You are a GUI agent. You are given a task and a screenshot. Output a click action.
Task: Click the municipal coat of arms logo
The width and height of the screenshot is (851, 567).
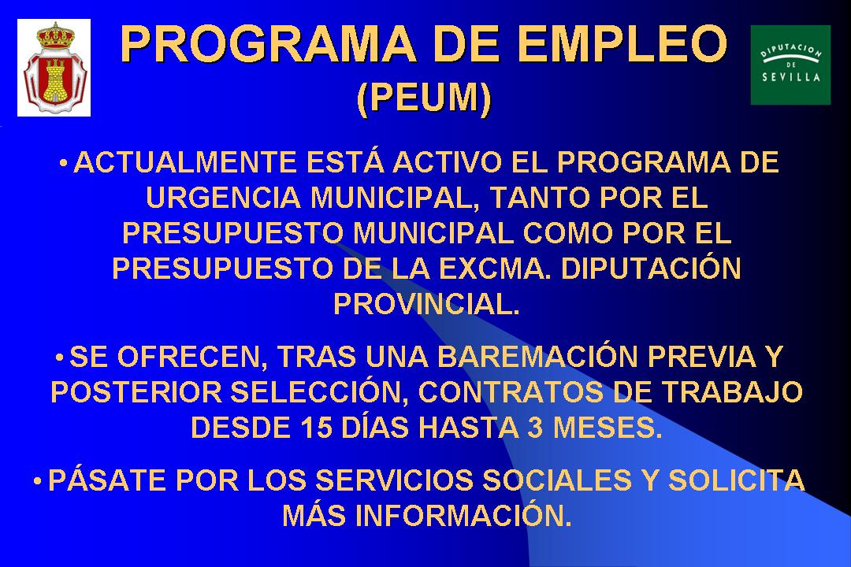tap(54, 68)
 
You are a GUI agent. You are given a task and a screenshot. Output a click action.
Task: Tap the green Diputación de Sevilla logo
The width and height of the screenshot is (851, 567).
tap(790, 65)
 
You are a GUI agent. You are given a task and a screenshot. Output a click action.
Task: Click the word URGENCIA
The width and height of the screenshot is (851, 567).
tap(221, 198)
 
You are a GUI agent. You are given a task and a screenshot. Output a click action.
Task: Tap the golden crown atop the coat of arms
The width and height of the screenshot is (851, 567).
tap(54, 35)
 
